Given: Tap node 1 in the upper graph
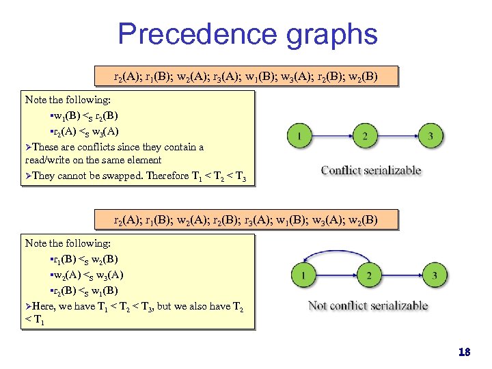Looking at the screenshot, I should point(301,136).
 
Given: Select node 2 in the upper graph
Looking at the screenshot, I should point(366,136).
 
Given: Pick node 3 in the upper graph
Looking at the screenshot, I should point(430,136).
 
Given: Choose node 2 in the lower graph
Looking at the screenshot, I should point(369,276).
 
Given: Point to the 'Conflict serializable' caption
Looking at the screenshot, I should point(371,170).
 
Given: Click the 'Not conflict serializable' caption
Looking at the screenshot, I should point(368,305).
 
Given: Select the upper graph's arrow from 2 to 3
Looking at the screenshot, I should point(398,136).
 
